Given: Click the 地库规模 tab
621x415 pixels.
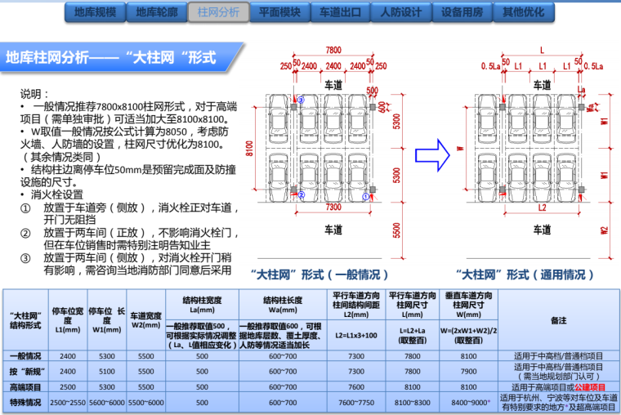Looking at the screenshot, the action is tap(95, 13).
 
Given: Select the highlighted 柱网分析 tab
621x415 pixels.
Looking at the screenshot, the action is tap(218, 13).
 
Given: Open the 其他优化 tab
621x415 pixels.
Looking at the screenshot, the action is tap(524, 13).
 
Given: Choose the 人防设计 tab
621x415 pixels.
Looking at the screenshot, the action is tap(401, 13).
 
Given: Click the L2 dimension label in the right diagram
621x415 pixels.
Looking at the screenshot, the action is tap(542, 207).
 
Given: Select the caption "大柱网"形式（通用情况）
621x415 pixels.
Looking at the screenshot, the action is tap(525, 274).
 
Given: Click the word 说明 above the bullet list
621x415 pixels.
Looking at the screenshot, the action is tap(35, 95).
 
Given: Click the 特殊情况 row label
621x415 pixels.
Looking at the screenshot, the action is tap(25, 403).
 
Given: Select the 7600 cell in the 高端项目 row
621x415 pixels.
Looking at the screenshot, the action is tap(356, 386).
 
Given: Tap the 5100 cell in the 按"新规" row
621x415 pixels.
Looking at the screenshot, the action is tap(108, 372).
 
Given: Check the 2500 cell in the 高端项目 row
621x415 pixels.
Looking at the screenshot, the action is tap(68, 386).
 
